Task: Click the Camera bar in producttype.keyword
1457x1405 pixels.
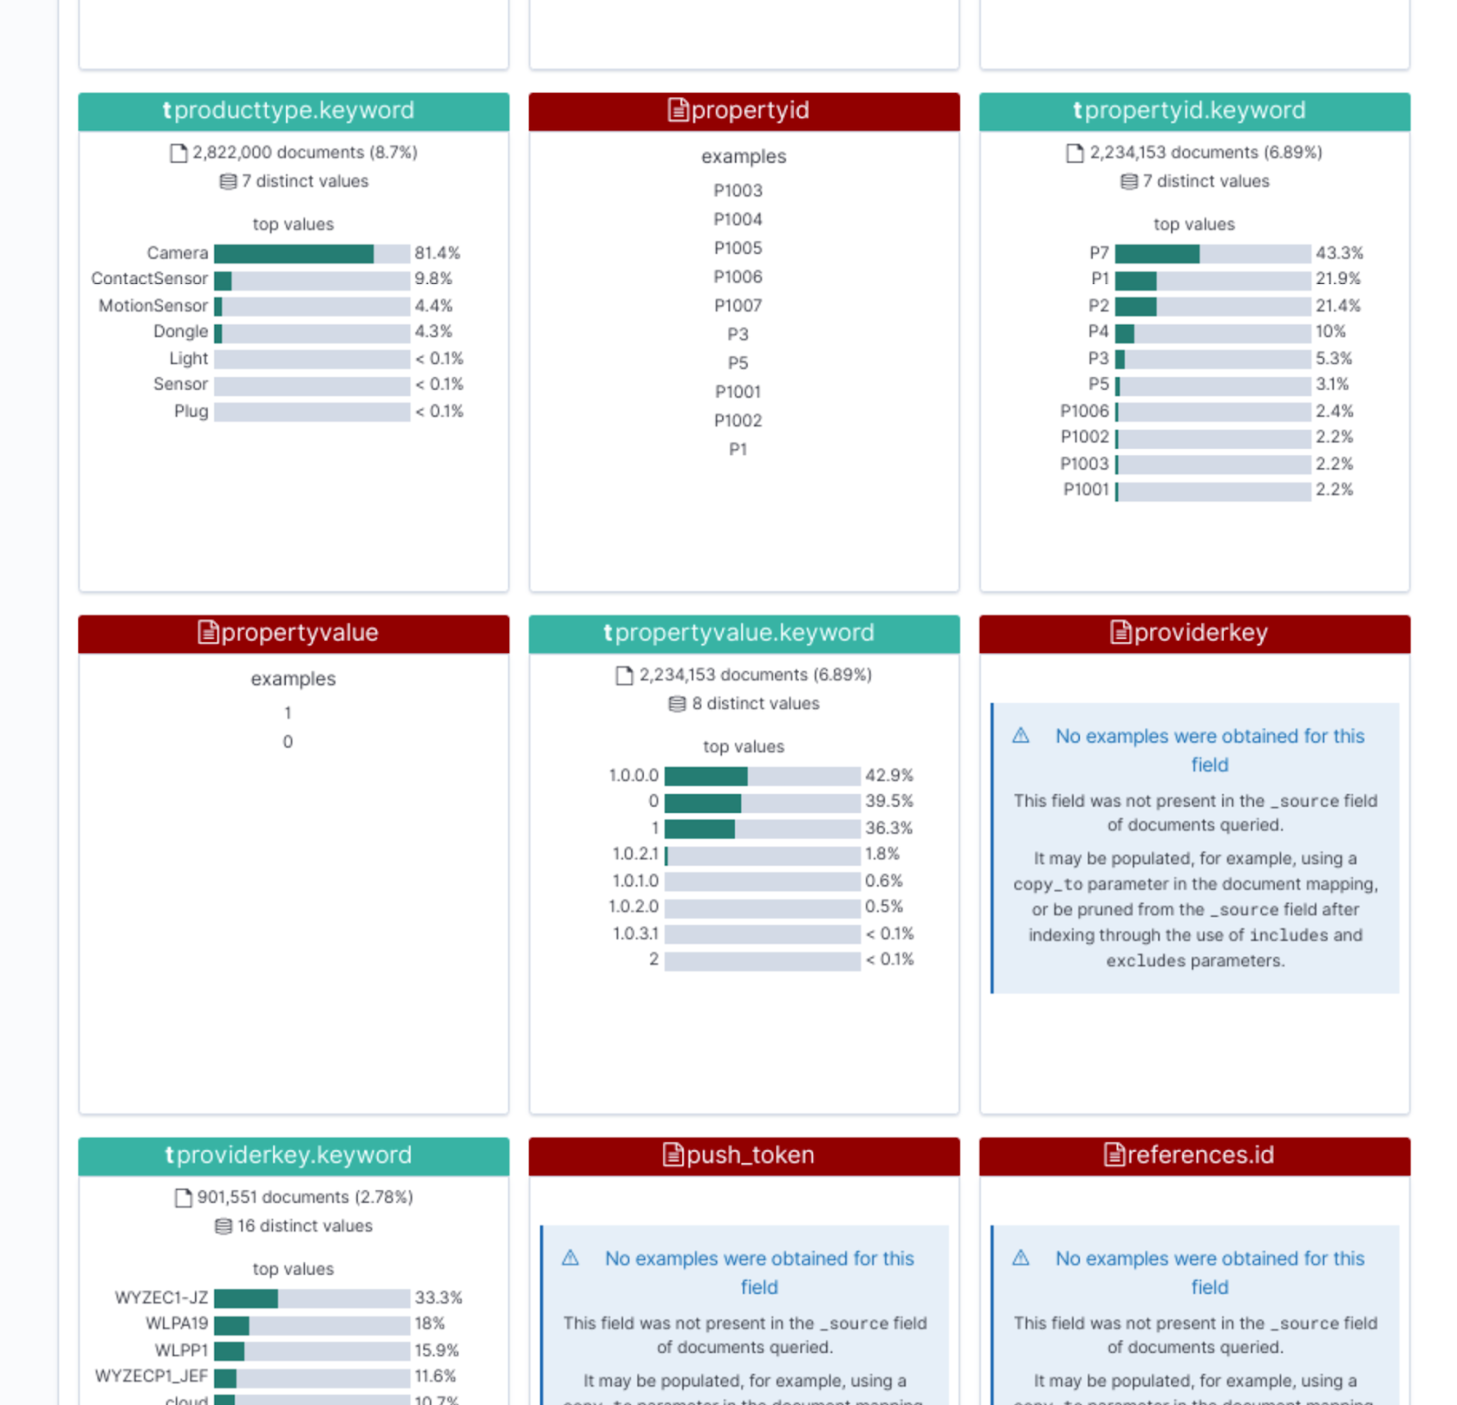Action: pos(311,253)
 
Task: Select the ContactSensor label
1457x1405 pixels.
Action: pos(149,279)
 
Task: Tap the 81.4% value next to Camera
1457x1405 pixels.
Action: pos(437,253)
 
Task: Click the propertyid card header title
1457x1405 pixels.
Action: pos(749,111)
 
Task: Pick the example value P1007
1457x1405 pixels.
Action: pos(738,306)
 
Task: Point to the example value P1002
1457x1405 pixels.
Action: pos(738,421)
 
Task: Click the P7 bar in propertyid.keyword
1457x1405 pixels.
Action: pos(1212,253)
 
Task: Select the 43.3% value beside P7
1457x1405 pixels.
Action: pos(1339,253)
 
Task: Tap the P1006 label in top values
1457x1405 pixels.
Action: pos(1084,412)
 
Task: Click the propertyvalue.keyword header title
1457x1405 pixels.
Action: pos(744,633)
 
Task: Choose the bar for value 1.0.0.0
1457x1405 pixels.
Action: pos(761,776)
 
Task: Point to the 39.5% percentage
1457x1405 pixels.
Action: pos(889,801)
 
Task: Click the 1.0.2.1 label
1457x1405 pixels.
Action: pos(635,854)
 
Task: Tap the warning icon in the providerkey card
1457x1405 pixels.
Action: pos(1021,736)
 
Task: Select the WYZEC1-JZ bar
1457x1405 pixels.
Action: pos(311,1298)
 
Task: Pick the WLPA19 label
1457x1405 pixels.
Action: pos(177,1323)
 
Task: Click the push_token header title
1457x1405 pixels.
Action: pos(749,1156)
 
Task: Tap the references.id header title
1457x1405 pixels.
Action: pos(1199,1156)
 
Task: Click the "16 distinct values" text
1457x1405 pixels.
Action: pos(304,1227)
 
